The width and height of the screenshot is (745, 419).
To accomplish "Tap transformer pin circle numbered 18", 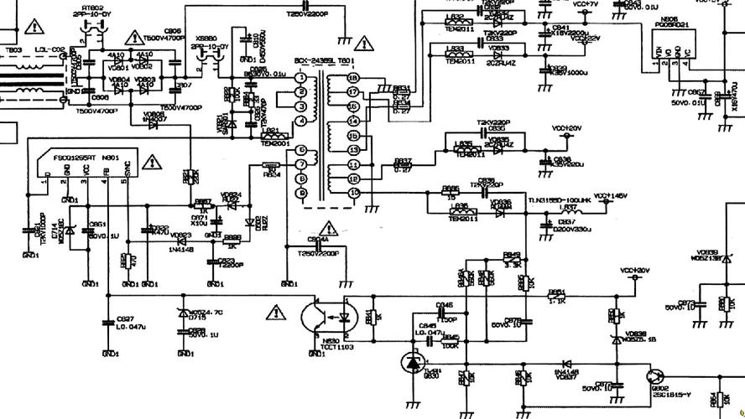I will [353, 77].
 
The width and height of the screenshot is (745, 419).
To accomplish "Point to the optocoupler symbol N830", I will [328, 317].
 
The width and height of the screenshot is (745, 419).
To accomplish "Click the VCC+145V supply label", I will [611, 196].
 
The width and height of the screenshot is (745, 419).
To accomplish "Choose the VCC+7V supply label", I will [586, 4].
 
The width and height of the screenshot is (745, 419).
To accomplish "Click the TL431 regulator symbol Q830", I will [411, 363].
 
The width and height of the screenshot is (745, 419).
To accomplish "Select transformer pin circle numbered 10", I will [353, 194].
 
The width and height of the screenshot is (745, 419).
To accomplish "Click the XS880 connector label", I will [206, 39].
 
